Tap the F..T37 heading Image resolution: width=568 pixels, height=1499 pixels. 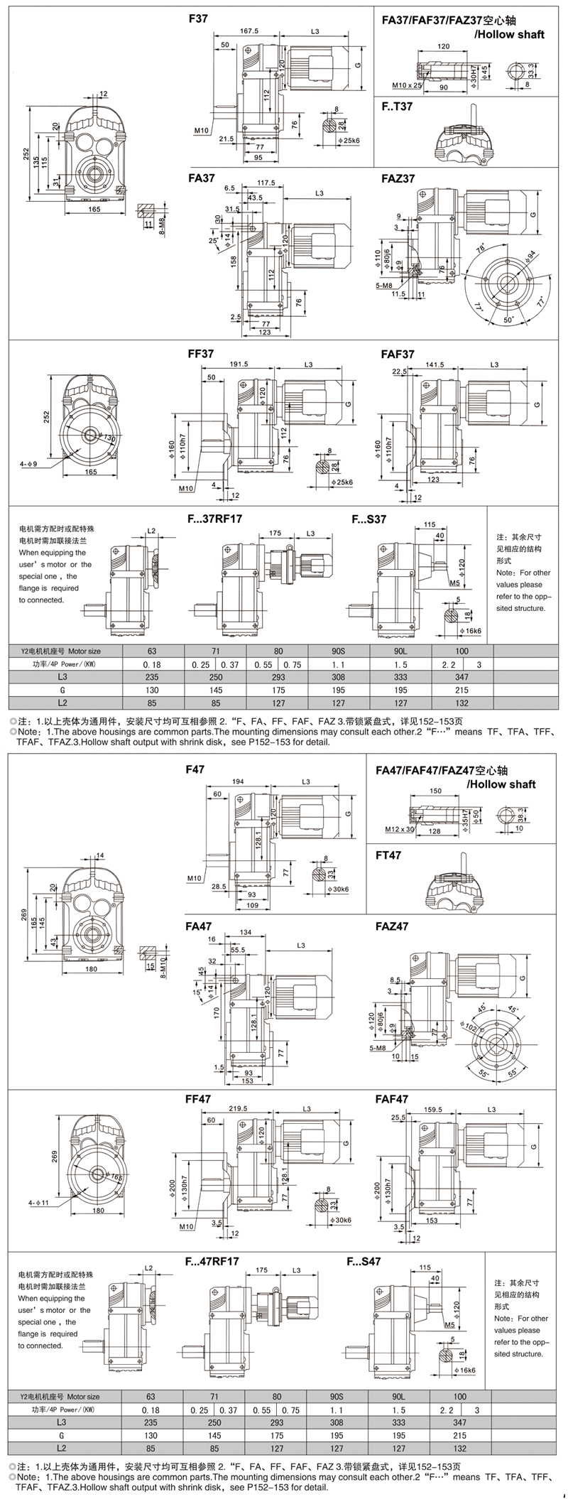pos(397,107)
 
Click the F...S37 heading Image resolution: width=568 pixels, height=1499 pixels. pos(369,519)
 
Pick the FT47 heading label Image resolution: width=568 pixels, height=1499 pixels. pos(388,855)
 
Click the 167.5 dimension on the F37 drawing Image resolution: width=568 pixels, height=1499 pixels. pos(248,31)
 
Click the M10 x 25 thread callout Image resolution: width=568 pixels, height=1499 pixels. pos(408,85)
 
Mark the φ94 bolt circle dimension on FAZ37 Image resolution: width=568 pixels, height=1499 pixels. pos(530,254)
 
